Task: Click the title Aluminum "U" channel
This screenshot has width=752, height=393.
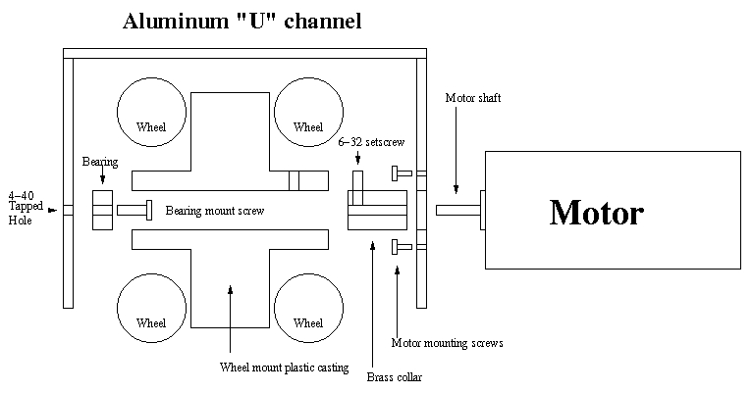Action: click(x=242, y=20)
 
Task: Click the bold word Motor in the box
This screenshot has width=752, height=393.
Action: click(x=596, y=212)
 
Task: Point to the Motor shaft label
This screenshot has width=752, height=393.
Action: click(x=474, y=98)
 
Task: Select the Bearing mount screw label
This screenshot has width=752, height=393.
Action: click(x=214, y=211)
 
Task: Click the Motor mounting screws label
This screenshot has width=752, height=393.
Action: click(x=447, y=343)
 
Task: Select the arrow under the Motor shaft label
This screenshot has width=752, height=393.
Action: click(x=455, y=176)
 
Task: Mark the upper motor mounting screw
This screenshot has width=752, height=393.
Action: click(x=400, y=173)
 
